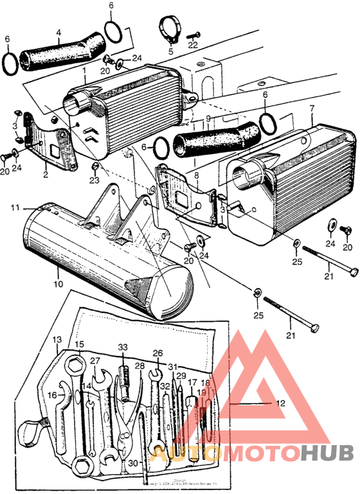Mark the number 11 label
[x=14, y=207]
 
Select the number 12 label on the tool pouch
[x=279, y=403]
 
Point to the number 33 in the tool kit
[x=123, y=348]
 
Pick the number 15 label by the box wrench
[x=79, y=344]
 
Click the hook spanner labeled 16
[x=59, y=411]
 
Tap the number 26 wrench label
[x=157, y=353]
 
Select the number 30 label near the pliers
[x=133, y=463]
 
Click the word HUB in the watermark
[x=327, y=454]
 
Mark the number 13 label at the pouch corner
[x=57, y=339]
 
